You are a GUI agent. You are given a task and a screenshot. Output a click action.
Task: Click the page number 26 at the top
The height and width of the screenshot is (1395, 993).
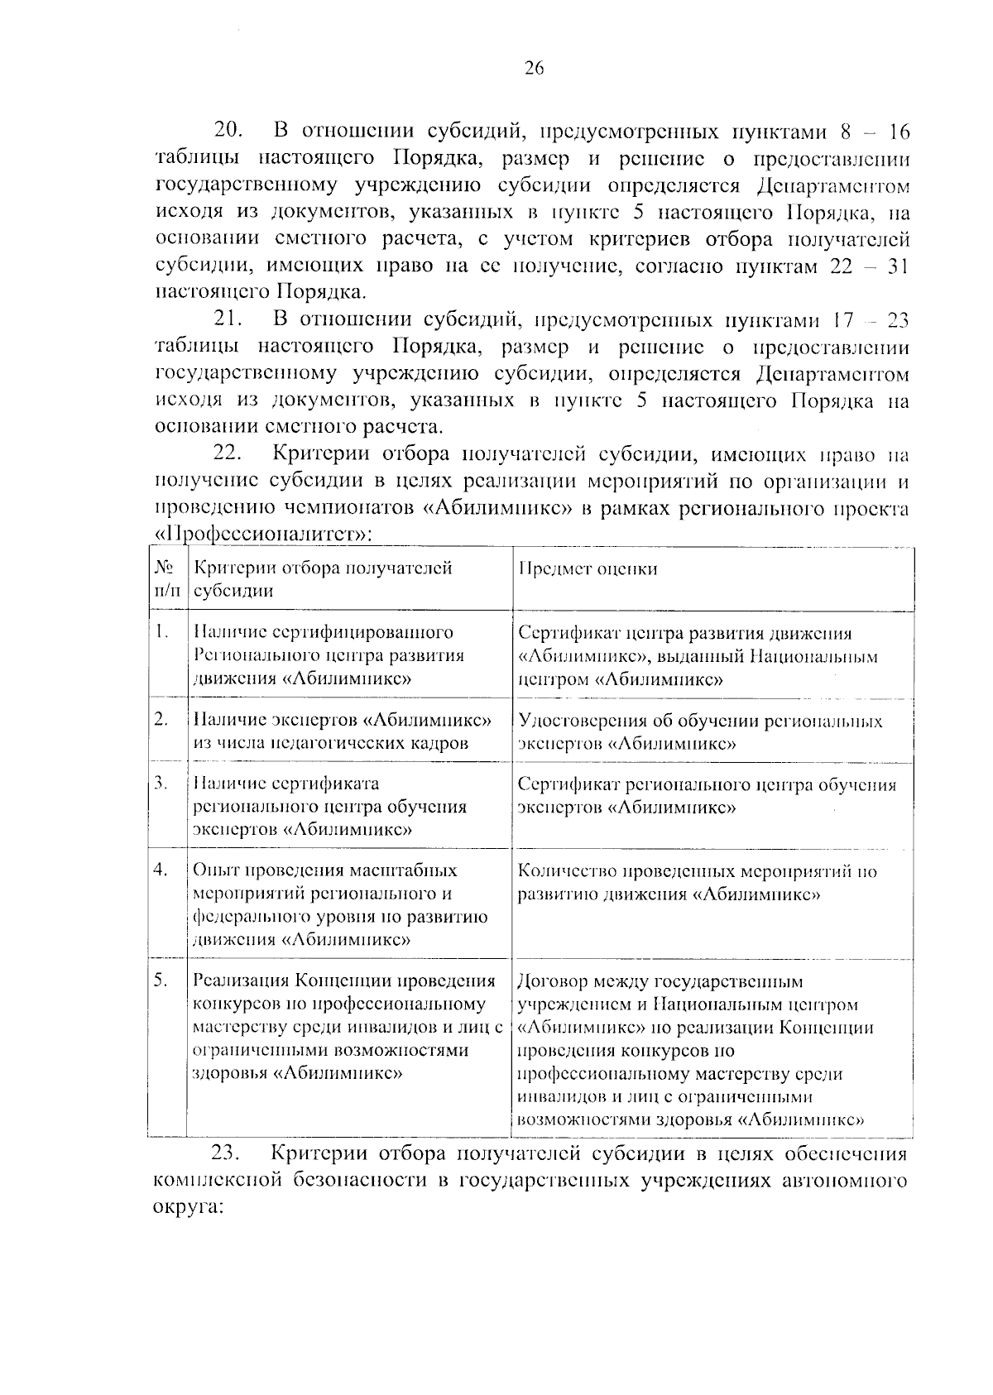[534, 70]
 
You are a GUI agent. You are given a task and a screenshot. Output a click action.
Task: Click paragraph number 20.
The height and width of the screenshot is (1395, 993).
[228, 131]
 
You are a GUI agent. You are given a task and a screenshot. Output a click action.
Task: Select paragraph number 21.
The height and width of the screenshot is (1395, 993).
[228, 319]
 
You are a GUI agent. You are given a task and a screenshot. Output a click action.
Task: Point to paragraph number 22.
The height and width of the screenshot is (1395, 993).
[228, 453]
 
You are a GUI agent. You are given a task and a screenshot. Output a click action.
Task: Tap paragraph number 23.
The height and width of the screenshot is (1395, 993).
[228, 1154]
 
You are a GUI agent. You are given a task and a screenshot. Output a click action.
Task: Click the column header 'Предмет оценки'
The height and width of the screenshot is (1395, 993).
[588, 569]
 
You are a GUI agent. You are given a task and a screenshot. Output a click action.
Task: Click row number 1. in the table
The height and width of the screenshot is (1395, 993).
[161, 632]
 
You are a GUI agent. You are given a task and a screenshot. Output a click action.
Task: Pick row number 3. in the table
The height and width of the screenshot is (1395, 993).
[161, 783]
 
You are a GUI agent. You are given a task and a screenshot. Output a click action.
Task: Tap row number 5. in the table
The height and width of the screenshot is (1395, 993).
[161, 980]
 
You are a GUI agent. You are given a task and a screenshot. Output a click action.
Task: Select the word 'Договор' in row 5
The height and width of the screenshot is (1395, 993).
[549, 982]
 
